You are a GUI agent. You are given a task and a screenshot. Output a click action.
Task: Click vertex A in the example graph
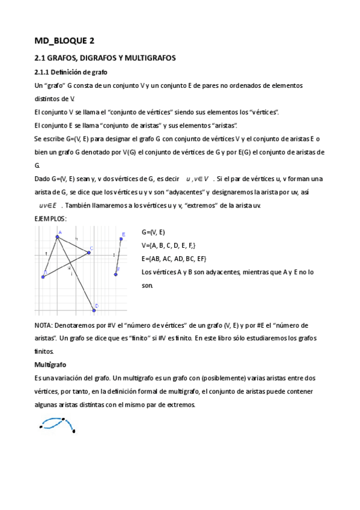click(57, 237)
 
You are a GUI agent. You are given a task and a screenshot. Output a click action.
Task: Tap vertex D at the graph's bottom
click(94, 310)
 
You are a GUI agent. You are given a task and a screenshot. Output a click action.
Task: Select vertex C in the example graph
click(88, 253)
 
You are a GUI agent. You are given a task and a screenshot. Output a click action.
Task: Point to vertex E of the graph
click(121, 239)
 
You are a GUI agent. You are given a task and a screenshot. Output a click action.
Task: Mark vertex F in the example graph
click(115, 274)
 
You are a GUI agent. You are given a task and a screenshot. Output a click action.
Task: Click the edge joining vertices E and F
click(118, 256)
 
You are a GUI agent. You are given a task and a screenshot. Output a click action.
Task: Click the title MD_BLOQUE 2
click(64, 41)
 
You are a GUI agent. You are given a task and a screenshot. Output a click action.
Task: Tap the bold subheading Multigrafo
click(50, 364)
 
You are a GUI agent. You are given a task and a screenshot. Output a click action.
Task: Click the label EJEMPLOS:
click(51, 218)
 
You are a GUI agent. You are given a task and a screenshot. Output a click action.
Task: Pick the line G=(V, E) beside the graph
click(153, 232)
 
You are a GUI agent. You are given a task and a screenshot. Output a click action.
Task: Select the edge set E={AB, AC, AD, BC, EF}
click(174, 259)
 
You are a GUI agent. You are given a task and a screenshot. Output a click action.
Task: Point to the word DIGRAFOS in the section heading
click(95, 58)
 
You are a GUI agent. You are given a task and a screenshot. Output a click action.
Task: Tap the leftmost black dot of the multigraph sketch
click(40, 428)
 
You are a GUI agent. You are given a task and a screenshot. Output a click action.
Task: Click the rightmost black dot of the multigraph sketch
click(74, 431)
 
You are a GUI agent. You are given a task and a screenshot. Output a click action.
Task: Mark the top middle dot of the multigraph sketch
click(61, 419)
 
